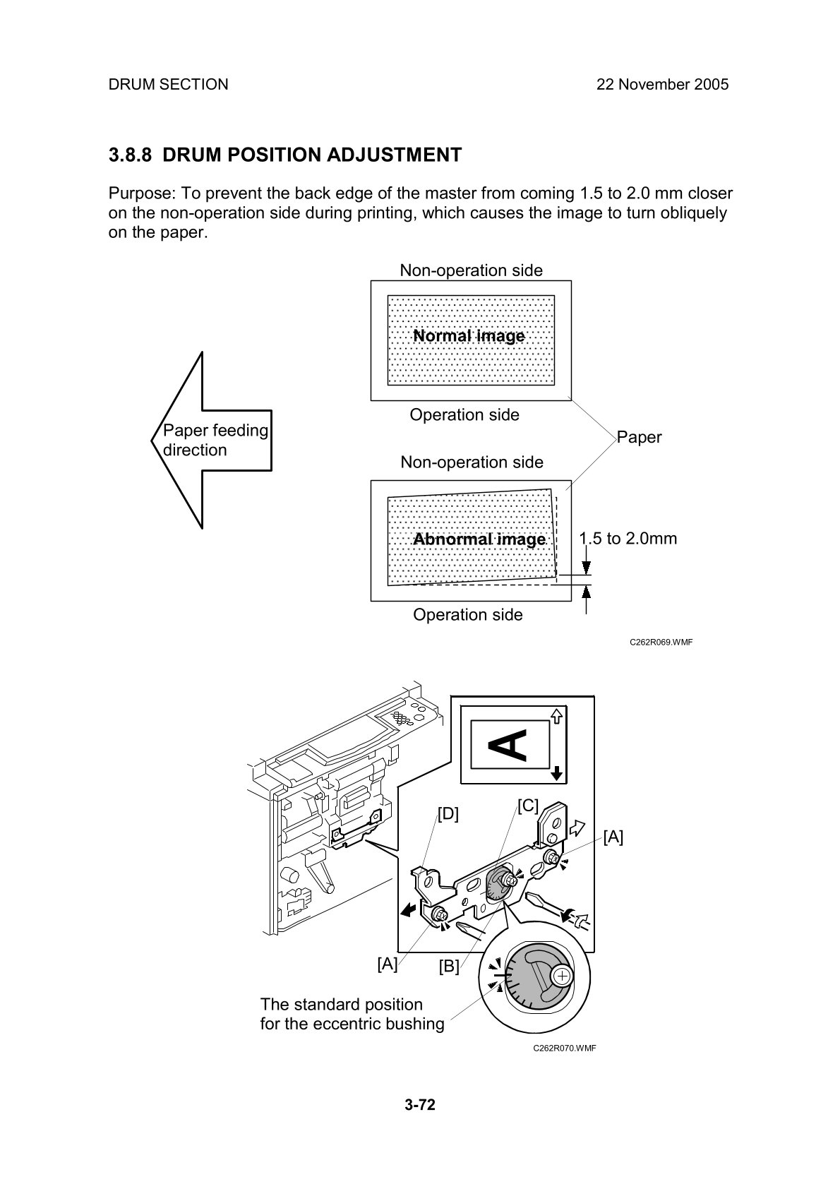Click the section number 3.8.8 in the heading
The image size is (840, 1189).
[x=130, y=155]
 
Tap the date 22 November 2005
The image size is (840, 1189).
[x=662, y=85]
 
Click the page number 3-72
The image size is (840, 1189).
[x=420, y=1104]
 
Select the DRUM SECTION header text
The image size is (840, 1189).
[x=168, y=85]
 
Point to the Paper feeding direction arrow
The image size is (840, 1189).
[x=211, y=440]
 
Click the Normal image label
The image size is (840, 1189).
[x=469, y=336]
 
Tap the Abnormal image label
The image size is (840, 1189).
[x=479, y=539]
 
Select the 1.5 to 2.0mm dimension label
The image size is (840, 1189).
[x=628, y=538]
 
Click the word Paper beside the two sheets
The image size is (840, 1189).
[x=639, y=437]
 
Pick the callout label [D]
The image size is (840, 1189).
[x=448, y=813]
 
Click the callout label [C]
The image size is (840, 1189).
[x=528, y=806]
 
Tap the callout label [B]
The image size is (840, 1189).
[x=449, y=967]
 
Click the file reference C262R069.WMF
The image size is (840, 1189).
[x=661, y=643]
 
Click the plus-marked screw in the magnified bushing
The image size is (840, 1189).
[x=563, y=976]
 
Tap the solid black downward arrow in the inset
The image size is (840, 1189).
[x=557, y=773]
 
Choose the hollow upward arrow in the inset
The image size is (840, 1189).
[x=557, y=717]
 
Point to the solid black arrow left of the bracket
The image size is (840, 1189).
[x=409, y=911]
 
